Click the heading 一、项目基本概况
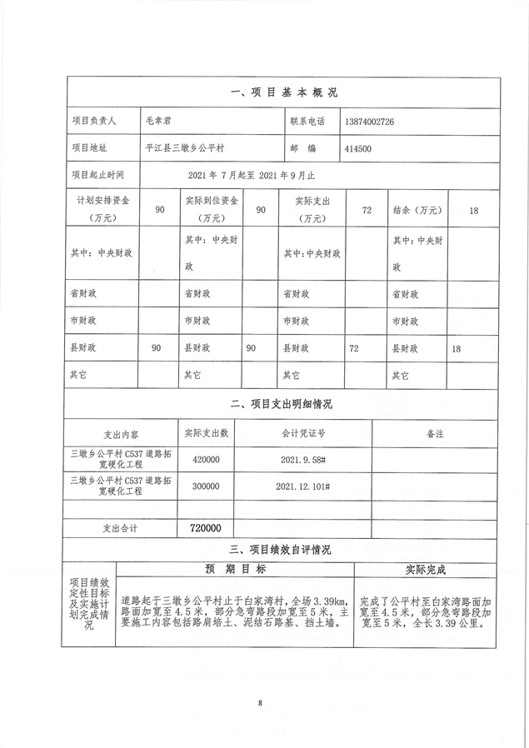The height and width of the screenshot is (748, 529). click(x=283, y=92)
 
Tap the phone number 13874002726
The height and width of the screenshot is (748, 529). click(x=368, y=122)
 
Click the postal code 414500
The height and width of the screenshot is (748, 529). click(x=357, y=148)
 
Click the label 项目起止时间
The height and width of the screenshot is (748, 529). click(x=97, y=175)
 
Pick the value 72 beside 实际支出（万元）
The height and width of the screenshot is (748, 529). click(x=366, y=210)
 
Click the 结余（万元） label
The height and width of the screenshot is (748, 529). click(x=417, y=210)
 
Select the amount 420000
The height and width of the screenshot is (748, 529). click(x=206, y=460)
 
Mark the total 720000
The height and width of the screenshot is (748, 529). click(x=206, y=528)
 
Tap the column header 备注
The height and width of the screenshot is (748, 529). click(x=435, y=433)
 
